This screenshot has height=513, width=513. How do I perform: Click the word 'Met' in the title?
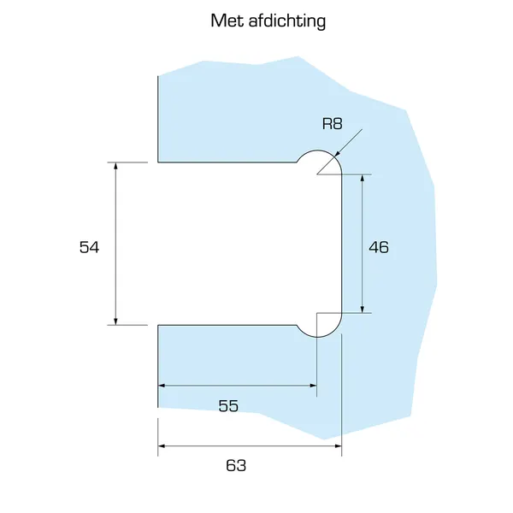(x=227, y=21)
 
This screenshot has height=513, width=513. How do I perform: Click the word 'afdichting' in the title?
(x=287, y=21)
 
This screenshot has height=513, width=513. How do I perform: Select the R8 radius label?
(x=332, y=124)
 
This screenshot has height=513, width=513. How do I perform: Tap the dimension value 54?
(x=89, y=247)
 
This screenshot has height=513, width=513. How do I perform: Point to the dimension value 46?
(x=379, y=247)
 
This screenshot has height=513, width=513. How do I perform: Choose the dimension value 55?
(x=228, y=406)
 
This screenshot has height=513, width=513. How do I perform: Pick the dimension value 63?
(x=236, y=465)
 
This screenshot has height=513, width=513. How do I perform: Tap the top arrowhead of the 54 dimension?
(x=115, y=166)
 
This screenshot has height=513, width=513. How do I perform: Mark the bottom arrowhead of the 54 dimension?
(x=115, y=321)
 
